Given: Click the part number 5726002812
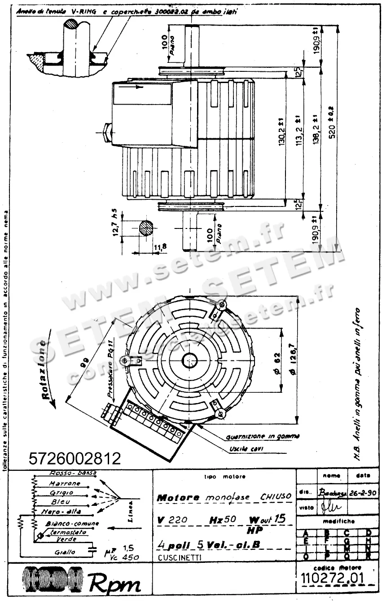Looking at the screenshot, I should [x=75, y=458].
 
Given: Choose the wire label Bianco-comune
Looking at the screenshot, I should [x=72, y=523].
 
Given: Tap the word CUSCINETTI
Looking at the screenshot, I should [x=180, y=557].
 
